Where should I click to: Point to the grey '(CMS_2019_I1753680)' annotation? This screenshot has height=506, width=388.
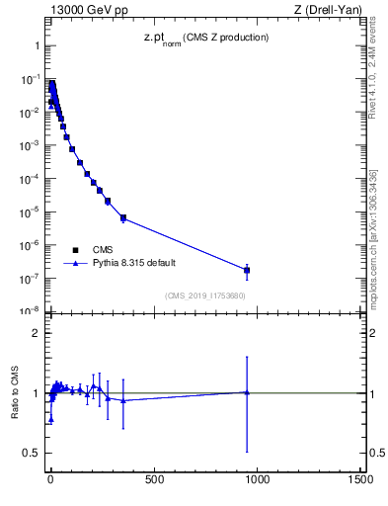[x=205, y=295]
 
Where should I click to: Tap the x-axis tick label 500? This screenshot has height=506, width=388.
[x=154, y=479]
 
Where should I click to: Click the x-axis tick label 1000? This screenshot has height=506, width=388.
[x=258, y=479]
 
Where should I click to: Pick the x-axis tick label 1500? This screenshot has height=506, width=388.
[x=361, y=479]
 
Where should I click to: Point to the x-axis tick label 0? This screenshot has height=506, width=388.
[x=50, y=479]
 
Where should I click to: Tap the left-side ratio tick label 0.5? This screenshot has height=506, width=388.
[x=31, y=453]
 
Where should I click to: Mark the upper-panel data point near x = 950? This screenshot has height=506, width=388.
[x=247, y=270]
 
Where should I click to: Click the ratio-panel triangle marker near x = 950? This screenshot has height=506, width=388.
[x=247, y=392]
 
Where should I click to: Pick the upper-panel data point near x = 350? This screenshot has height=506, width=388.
[x=122, y=217]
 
